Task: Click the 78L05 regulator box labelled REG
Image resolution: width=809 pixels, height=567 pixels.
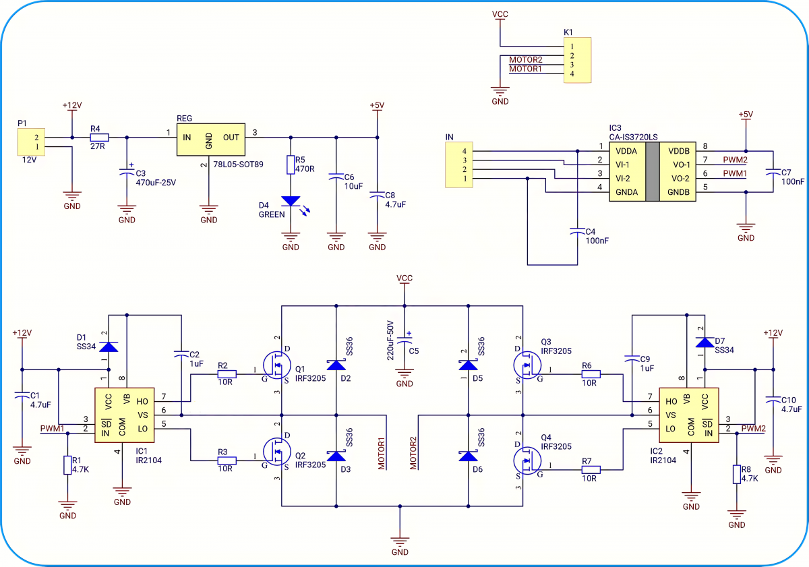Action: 210,140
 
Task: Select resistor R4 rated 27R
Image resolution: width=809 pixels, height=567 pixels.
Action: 99,138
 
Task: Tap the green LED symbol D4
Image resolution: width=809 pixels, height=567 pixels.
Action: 291,201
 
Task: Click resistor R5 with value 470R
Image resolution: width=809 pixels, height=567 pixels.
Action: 291,165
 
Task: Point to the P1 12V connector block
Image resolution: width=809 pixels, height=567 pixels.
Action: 31,142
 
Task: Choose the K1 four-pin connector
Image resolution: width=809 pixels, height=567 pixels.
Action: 578,60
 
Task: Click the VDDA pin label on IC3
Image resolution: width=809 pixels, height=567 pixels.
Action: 626,151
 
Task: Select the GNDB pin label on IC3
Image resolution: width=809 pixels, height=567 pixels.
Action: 678,192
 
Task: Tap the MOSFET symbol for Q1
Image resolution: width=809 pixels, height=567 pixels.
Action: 277,365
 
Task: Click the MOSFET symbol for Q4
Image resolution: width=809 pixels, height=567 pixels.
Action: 527,460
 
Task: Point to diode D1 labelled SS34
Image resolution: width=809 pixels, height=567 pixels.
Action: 109,347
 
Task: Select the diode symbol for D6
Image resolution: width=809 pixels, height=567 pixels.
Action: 468,456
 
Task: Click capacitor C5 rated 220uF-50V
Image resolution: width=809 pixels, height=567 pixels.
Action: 404,340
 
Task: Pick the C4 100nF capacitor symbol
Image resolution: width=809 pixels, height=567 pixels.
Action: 577,231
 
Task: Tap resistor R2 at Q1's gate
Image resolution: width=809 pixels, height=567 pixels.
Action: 227,374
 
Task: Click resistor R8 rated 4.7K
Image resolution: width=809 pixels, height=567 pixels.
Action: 737,474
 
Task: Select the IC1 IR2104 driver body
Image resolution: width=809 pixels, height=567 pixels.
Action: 124,415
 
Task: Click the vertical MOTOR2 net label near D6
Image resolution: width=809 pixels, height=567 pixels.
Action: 413,453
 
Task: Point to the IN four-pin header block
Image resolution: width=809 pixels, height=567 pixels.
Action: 459,165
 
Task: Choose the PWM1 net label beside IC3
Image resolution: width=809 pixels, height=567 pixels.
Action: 735,173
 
